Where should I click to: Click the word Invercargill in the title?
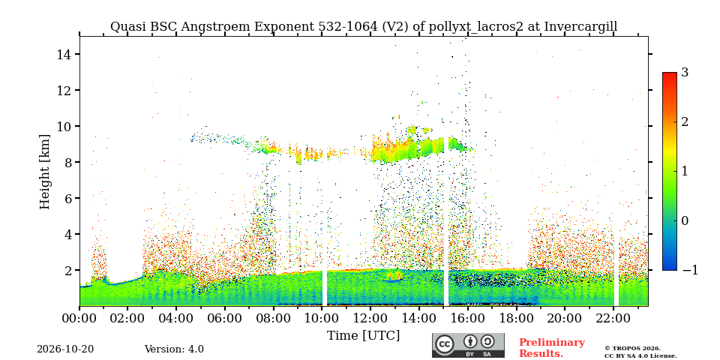pos(580,27)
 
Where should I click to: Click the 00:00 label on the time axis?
pos(79,318)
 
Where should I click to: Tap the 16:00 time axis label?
pos(467,318)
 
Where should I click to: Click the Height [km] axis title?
pos(44,172)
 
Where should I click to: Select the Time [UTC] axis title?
pos(363,335)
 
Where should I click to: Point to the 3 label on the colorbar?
pos(685,72)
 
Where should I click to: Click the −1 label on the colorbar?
pos(690,270)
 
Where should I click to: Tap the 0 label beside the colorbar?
pos(685,220)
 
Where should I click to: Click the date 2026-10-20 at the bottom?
pos(65,349)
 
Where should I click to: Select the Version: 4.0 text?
pos(174,349)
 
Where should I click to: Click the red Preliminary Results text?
pos(552,348)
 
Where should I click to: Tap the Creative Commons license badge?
pos(468,345)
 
